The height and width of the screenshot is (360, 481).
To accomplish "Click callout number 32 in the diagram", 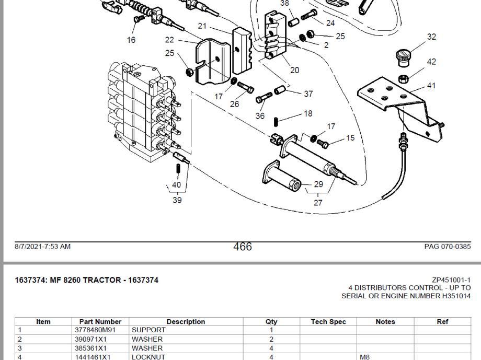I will coord(431,37).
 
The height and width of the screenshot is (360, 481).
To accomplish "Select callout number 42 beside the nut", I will coord(431,62).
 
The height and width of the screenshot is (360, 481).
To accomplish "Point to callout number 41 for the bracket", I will coord(431,86).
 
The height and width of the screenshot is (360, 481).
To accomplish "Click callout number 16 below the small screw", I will coord(131,40).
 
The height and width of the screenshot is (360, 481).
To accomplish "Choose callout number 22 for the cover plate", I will coord(169,40).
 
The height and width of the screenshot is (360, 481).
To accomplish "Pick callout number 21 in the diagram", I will coord(202,26).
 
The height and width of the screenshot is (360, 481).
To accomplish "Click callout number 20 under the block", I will coord(294,70).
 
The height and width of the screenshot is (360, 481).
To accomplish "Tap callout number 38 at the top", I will coord(284,3).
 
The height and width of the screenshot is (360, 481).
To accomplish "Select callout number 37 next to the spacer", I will coord(308,94).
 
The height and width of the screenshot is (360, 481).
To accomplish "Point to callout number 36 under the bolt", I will coord(260,116).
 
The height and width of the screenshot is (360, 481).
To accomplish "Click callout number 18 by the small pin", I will coord(308,113).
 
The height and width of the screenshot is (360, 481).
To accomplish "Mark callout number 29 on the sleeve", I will coord(318,184).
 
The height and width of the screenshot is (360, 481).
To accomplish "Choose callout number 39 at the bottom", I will coord(177,200).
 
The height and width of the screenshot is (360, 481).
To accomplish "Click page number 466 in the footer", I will coord(243,247).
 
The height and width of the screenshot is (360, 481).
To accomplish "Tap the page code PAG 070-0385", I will coord(447,247).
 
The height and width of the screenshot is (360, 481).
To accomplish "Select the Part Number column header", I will coord(100,322).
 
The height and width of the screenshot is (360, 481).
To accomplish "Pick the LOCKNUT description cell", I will coord(148,357).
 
